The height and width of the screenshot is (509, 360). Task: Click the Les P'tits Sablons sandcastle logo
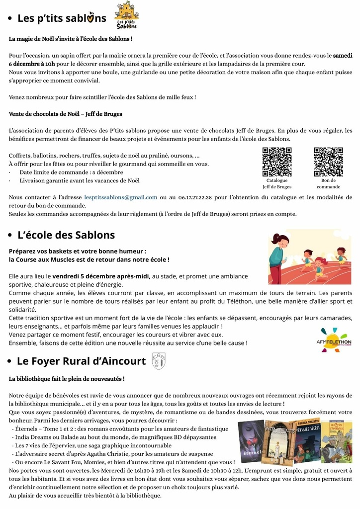[x=127, y=15]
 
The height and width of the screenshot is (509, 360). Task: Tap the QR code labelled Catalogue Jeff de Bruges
[x=277, y=162]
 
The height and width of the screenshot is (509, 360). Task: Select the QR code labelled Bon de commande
[x=328, y=162]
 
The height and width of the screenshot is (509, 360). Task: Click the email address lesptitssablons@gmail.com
[x=121, y=197]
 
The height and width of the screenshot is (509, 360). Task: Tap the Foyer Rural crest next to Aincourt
[x=158, y=361]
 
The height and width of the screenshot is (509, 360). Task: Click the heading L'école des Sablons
[x=66, y=235]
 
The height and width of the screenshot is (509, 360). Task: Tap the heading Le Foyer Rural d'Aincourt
[x=82, y=361]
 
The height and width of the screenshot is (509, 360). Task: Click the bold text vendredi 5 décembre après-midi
[x=101, y=276]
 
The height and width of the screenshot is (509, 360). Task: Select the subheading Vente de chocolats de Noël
[x=66, y=114]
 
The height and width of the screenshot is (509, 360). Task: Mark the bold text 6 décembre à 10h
[x=32, y=64]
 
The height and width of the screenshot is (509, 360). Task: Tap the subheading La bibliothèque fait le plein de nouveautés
[x=67, y=379]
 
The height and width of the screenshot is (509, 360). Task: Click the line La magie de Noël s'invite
[x=71, y=38]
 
